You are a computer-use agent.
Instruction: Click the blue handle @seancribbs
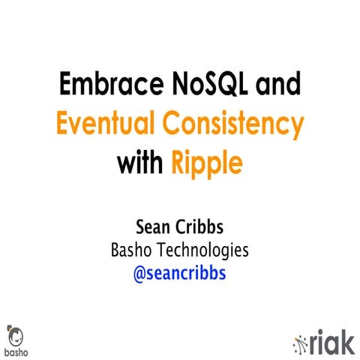click(x=179, y=273)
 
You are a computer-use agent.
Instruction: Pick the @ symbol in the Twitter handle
click(x=139, y=273)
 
